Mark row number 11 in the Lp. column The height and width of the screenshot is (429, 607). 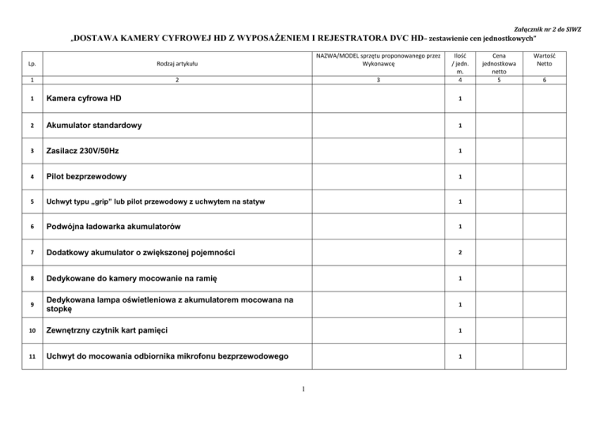pyautogui.click(x=31, y=356)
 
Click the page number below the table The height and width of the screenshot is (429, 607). pyautogui.click(x=304, y=388)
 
